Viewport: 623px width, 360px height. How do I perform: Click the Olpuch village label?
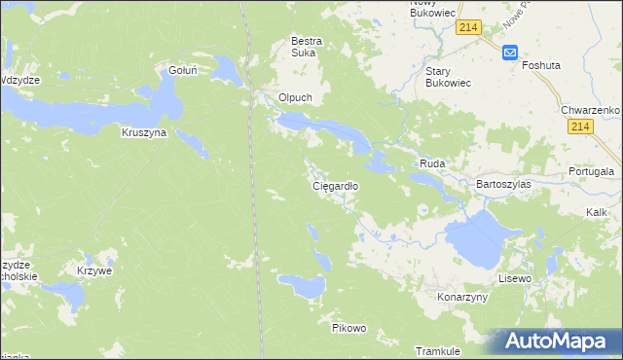point(294,97)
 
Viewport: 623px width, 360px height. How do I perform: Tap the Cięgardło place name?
point(336,185)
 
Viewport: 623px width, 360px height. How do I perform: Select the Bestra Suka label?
point(307,48)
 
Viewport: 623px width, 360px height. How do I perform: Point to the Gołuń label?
point(183,70)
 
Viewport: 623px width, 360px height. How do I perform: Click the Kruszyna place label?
point(144,131)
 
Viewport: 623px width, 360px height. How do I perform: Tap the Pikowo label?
point(348,328)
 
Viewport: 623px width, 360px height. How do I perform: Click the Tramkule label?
point(437,350)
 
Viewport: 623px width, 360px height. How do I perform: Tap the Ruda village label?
point(432,164)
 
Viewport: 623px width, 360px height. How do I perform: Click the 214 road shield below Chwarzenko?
point(582,127)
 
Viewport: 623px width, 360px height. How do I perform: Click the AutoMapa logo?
point(555,342)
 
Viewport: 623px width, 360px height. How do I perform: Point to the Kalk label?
point(597,211)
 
